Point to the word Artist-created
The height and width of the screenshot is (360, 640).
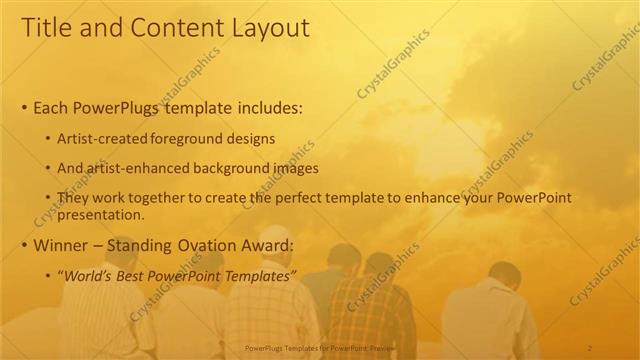point(106,138)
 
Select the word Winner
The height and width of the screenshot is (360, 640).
point(63,245)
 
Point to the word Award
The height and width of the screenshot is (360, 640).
point(264,245)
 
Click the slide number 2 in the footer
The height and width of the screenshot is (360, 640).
point(590,347)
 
